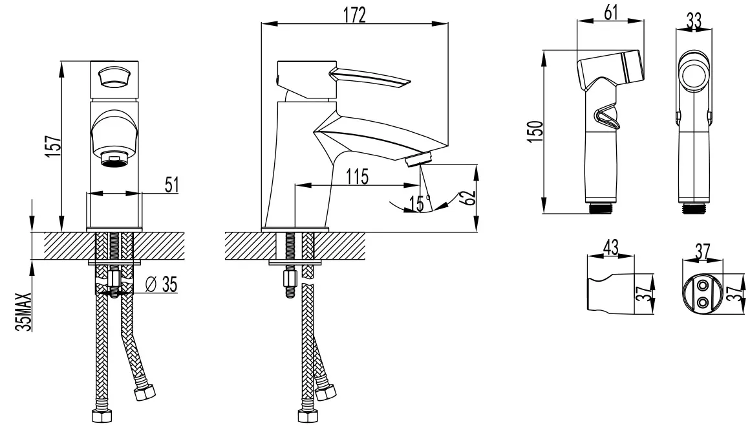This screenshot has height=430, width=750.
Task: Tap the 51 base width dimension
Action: pos(172,185)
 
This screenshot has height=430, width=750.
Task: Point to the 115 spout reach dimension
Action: pos(358,177)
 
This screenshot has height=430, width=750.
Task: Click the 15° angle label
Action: pos(420,203)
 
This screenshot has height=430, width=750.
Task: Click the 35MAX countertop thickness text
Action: pos(23,311)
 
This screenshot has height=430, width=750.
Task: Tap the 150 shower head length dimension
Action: pos(537,131)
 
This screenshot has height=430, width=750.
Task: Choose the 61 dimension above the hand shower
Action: pos(611,12)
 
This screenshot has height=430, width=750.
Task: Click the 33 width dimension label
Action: pos(694,21)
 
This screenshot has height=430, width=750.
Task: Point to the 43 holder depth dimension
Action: pos(611,247)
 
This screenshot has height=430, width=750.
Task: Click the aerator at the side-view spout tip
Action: pos(418,159)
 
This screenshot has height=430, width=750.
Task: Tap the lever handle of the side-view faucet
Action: pos(370,78)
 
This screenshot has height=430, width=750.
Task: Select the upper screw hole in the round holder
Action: pos(703,286)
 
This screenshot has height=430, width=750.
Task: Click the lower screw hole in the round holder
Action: pos(703,302)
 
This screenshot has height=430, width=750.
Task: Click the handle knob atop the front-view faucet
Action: pos(114,76)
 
